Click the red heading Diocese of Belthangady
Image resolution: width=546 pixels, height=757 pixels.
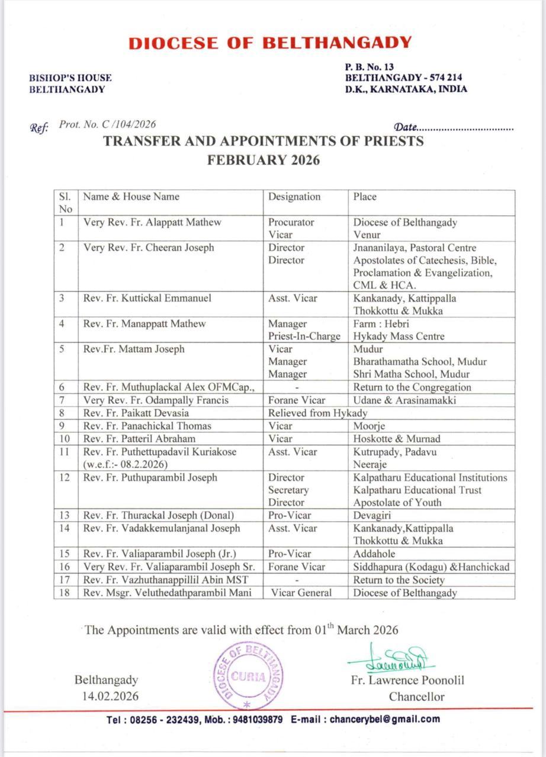(269, 43)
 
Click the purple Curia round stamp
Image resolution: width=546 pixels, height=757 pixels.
(248, 676)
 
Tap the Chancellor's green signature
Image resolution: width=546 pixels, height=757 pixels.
(391, 658)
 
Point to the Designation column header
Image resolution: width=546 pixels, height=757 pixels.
(294, 197)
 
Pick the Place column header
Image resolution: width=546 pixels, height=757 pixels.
(365, 197)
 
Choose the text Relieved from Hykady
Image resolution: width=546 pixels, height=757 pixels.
(317, 413)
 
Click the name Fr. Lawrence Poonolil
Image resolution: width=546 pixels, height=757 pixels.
(407, 680)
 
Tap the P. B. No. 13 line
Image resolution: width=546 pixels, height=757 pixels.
(370, 67)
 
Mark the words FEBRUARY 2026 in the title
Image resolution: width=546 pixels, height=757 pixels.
(264, 160)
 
